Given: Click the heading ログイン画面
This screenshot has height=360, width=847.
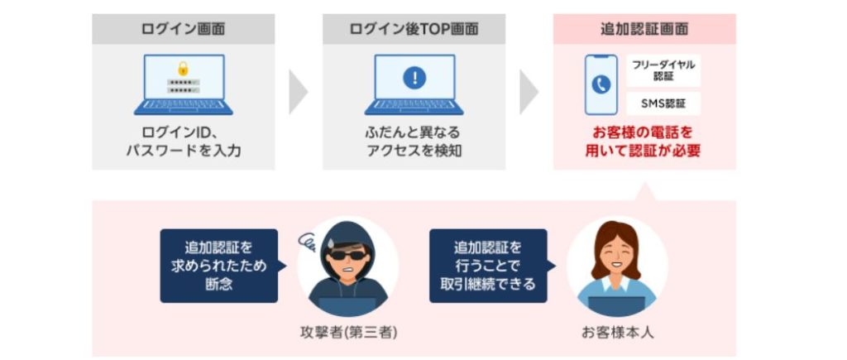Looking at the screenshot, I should pyautogui.click(x=183, y=29).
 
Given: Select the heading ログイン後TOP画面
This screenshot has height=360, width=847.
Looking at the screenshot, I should pyautogui.click(x=414, y=29).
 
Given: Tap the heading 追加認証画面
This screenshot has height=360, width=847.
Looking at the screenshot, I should pyautogui.click(x=644, y=29).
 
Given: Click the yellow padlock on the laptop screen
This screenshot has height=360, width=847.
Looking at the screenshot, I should pyautogui.click(x=183, y=68).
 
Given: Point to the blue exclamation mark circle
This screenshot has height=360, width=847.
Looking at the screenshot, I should pyautogui.click(x=414, y=79).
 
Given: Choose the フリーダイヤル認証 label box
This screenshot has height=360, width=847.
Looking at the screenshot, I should pyautogui.click(x=663, y=70).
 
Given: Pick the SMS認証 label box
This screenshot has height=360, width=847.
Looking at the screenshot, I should pyautogui.click(x=663, y=103).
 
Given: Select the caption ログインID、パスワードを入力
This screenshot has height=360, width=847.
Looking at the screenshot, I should pyautogui.click(x=183, y=142).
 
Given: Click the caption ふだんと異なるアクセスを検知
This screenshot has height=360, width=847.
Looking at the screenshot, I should pyautogui.click(x=414, y=142).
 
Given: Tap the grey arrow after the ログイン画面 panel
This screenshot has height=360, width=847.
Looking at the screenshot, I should pyautogui.click(x=298, y=92).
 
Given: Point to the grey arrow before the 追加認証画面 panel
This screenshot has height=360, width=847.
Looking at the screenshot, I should pyautogui.click(x=529, y=92).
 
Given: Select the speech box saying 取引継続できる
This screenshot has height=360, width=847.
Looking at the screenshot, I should pyautogui.click(x=488, y=266).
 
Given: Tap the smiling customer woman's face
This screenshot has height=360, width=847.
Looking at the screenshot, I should pyautogui.click(x=616, y=252).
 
